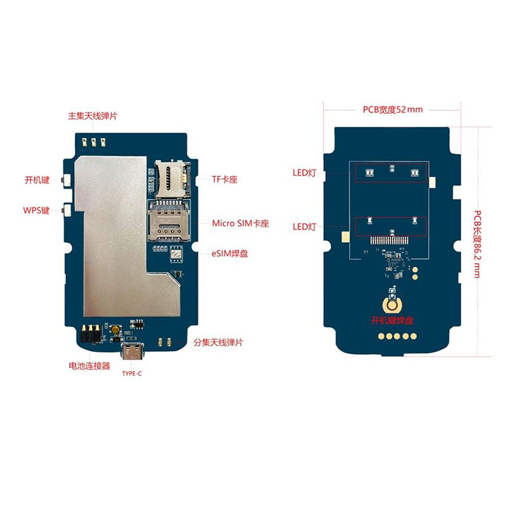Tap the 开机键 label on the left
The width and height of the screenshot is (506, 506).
pos(37,180)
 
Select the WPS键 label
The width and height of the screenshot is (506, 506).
pos(36,210)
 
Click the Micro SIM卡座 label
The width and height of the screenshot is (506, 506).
pos(240,224)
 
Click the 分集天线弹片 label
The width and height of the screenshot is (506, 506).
pos(218,342)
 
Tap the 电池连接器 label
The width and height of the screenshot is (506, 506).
pos(89,366)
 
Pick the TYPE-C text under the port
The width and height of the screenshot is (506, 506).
pos(132,374)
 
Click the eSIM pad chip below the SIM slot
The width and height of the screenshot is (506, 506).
pos(176,254)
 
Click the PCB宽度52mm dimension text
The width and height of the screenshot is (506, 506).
pos(392,109)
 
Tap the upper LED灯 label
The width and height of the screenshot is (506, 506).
pos(304,173)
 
